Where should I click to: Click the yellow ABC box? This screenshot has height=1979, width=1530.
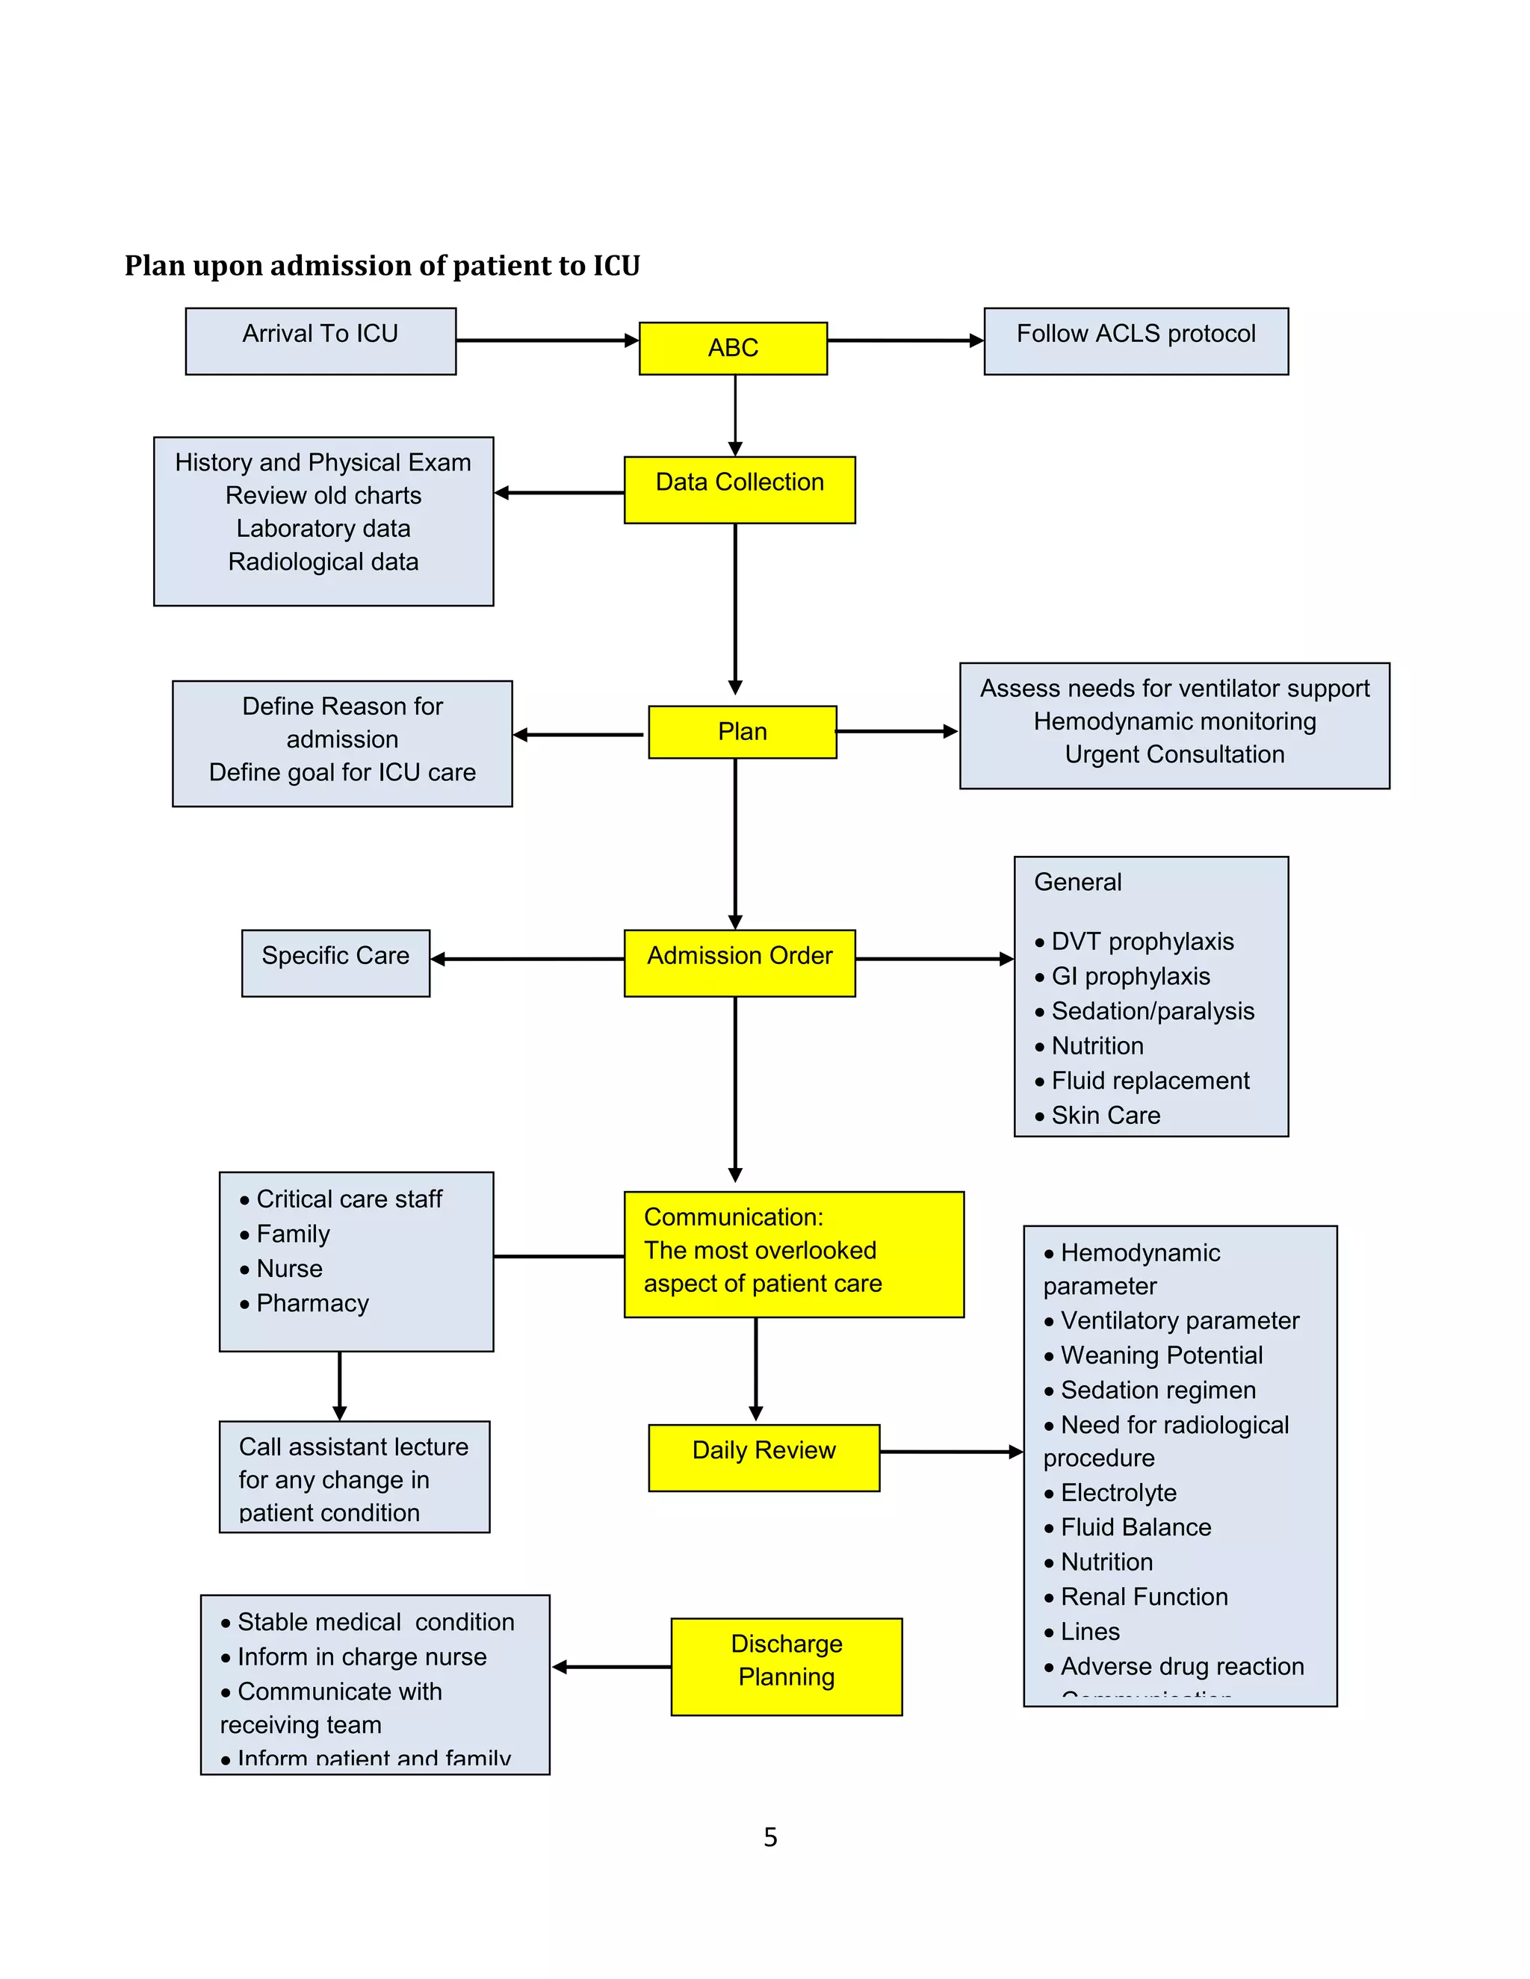[x=732, y=348]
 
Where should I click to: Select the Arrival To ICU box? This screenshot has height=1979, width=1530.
[x=320, y=341]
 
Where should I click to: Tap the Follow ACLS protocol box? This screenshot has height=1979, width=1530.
[x=1135, y=341]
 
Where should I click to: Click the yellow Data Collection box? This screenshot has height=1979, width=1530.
[x=739, y=489]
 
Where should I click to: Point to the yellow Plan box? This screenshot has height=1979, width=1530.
[x=741, y=731]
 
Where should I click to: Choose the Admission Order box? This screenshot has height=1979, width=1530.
[x=739, y=963]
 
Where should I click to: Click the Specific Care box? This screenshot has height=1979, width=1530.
[x=335, y=963]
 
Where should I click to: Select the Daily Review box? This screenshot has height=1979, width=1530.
[x=764, y=1457]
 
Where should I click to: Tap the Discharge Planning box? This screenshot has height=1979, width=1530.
[x=786, y=1665]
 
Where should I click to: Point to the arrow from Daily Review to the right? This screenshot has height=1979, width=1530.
[x=950, y=1452]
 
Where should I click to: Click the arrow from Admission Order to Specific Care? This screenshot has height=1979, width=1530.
[x=527, y=959]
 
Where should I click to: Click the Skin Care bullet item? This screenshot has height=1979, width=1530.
[x=1105, y=1116]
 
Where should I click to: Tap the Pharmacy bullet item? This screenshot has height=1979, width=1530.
[x=312, y=1303]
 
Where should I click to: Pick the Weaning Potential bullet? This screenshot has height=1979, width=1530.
[x=1161, y=1355]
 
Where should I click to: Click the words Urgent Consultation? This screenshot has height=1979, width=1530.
[x=1174, y=755]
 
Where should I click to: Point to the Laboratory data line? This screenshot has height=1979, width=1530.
[x=323, y=528]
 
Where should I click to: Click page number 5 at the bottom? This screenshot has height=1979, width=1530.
[x=769, y=1837]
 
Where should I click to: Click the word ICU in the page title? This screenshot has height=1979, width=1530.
[x=616, y=266]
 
